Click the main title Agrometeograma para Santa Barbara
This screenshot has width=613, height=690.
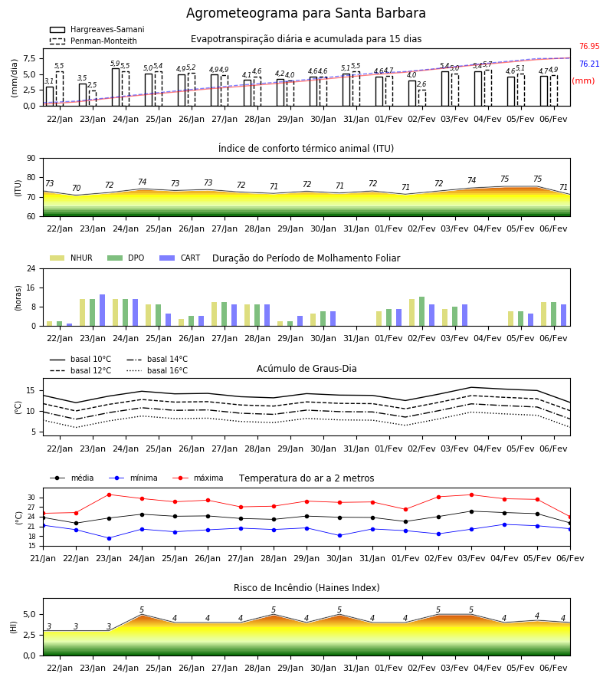point(306,13)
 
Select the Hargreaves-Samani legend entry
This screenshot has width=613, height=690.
point(97,29)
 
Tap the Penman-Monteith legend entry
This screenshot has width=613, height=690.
point(93,41)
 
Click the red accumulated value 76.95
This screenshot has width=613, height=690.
point(589,46)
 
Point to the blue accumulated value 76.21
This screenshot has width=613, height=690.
point(589,64)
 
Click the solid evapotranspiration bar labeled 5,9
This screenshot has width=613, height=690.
point(116,87)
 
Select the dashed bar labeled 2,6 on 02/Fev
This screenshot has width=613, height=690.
point(422,97)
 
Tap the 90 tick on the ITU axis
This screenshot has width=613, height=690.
point(31,158)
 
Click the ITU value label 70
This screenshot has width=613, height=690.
point(76,189)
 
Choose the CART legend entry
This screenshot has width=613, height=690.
point(180,258)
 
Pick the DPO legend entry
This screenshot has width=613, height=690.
point(126,258)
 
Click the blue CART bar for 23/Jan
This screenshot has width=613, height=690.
point(103,310)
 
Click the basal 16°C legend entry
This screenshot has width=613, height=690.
point(157,370)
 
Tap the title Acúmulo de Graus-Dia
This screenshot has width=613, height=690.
point(306,368)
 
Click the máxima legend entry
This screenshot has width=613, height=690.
point(198,478)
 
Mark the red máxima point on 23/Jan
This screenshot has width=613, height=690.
point(109,495)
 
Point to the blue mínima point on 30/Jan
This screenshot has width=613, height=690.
point(339,536)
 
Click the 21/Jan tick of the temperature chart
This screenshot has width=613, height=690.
point(43,558)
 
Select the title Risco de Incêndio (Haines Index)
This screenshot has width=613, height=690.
point(306,588)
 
